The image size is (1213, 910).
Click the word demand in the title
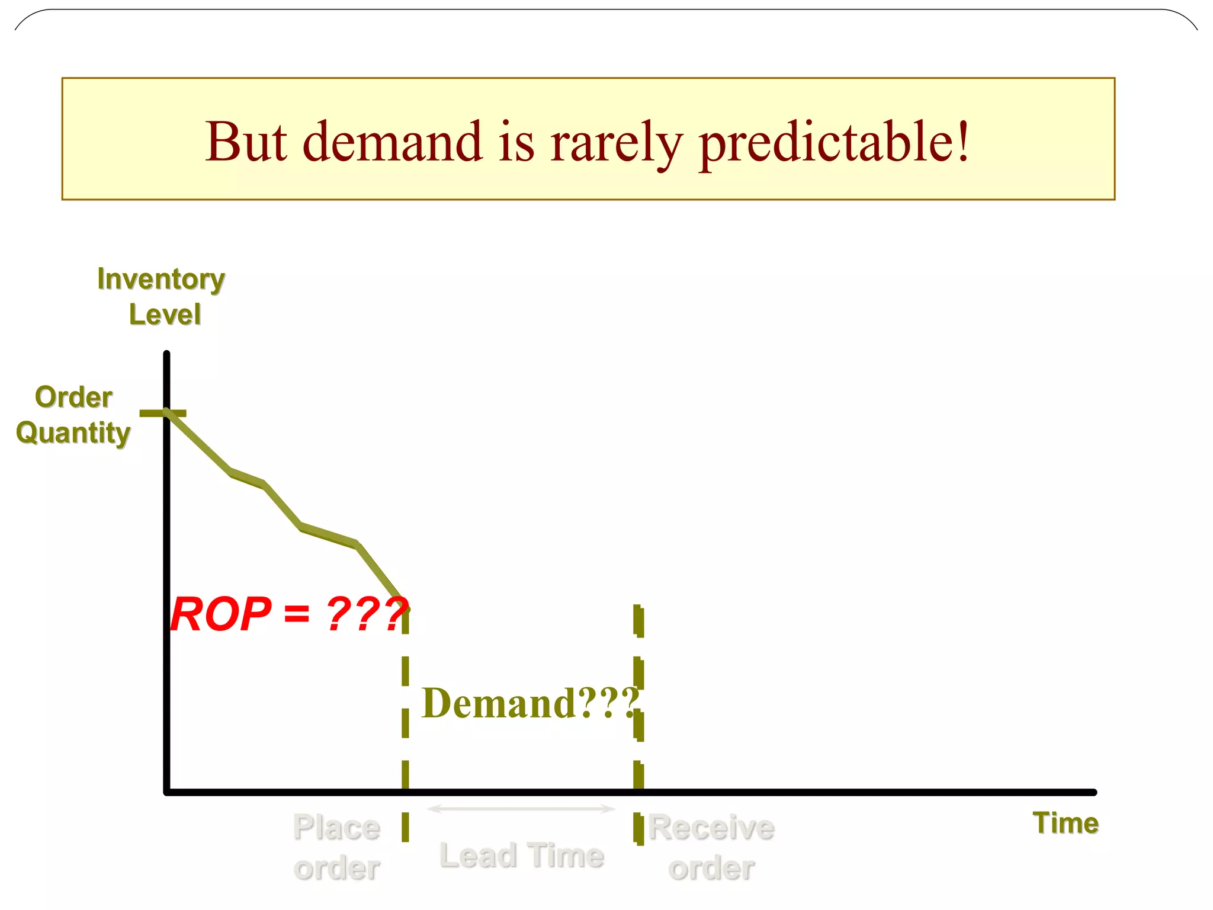(393, 142)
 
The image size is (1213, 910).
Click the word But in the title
(246, 142)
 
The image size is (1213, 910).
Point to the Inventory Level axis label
(162, 296)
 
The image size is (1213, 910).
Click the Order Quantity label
(73, 415)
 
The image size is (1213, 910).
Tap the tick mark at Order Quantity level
(162, 413)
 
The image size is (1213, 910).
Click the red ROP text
(220, 614)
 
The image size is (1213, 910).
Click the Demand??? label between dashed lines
(530, 703)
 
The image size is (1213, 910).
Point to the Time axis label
(1065, 823)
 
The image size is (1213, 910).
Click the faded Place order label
(336, 847)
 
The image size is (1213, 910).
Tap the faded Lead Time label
(522, 855)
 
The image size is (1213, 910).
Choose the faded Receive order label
(711, 847)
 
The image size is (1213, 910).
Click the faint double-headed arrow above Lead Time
(521, 809)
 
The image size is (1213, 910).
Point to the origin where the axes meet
(167, 792)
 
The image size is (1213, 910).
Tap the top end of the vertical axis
(167, 354)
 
